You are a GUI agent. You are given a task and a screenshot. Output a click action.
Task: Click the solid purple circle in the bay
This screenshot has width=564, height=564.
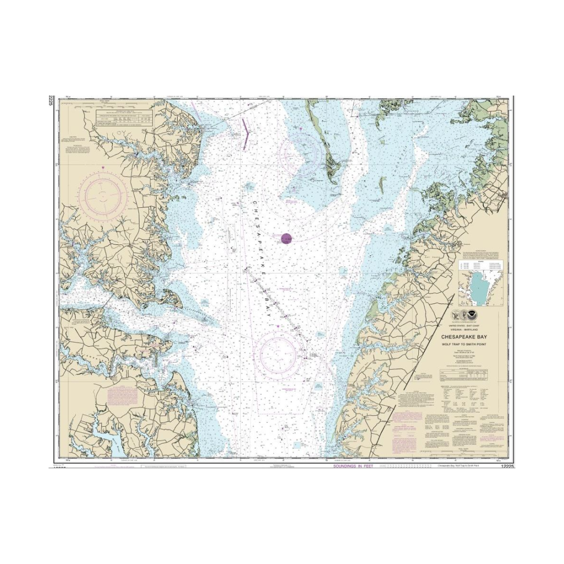click(x=286, y=239)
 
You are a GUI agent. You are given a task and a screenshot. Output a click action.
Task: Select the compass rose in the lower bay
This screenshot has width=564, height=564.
click(x=278, y=355)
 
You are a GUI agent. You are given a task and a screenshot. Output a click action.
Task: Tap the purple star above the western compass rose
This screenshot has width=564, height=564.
click(x=103, y=167)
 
